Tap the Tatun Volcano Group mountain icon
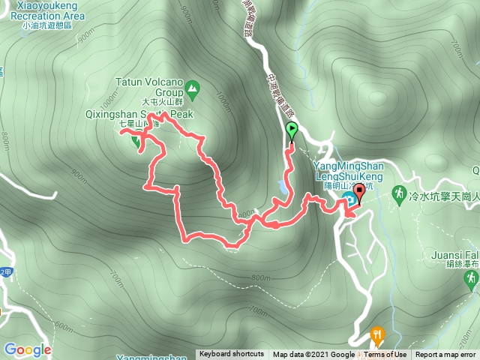coord(193,90)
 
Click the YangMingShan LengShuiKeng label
coord(349,170)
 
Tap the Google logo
coord(27,349)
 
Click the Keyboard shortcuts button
coord(232,355)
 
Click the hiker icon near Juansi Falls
coord(471,279)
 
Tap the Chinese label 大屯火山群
coord(162,102)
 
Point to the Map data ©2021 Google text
coord(313,355)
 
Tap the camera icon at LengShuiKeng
coord(349,199)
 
